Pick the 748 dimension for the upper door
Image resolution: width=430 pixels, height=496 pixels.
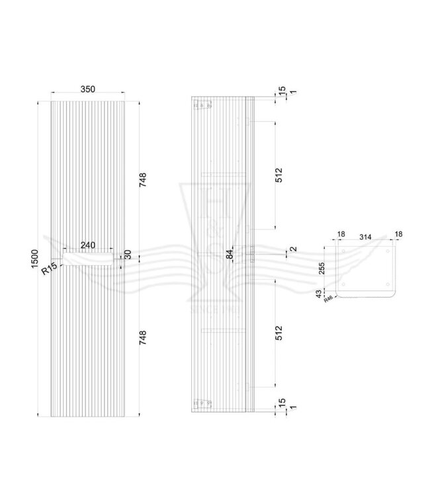[143, 180]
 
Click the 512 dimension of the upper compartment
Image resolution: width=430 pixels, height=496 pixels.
[279, 175]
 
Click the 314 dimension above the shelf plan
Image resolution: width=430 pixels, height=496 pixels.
[365, 235]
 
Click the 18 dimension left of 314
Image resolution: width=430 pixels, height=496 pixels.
[341, 235]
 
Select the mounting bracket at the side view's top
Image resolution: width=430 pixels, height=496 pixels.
[201, 104]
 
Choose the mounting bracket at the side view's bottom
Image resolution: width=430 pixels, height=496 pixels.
[201, 403]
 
